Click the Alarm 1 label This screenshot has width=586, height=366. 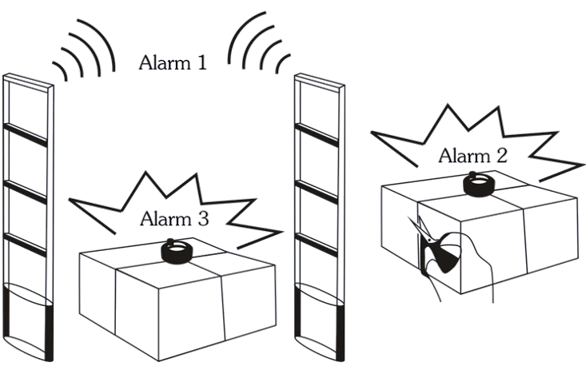coord(175,63)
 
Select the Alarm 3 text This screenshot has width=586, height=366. coord(175,219)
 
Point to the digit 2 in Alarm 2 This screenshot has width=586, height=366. coord(502,156)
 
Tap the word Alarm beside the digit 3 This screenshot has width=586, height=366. coord(165,219)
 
